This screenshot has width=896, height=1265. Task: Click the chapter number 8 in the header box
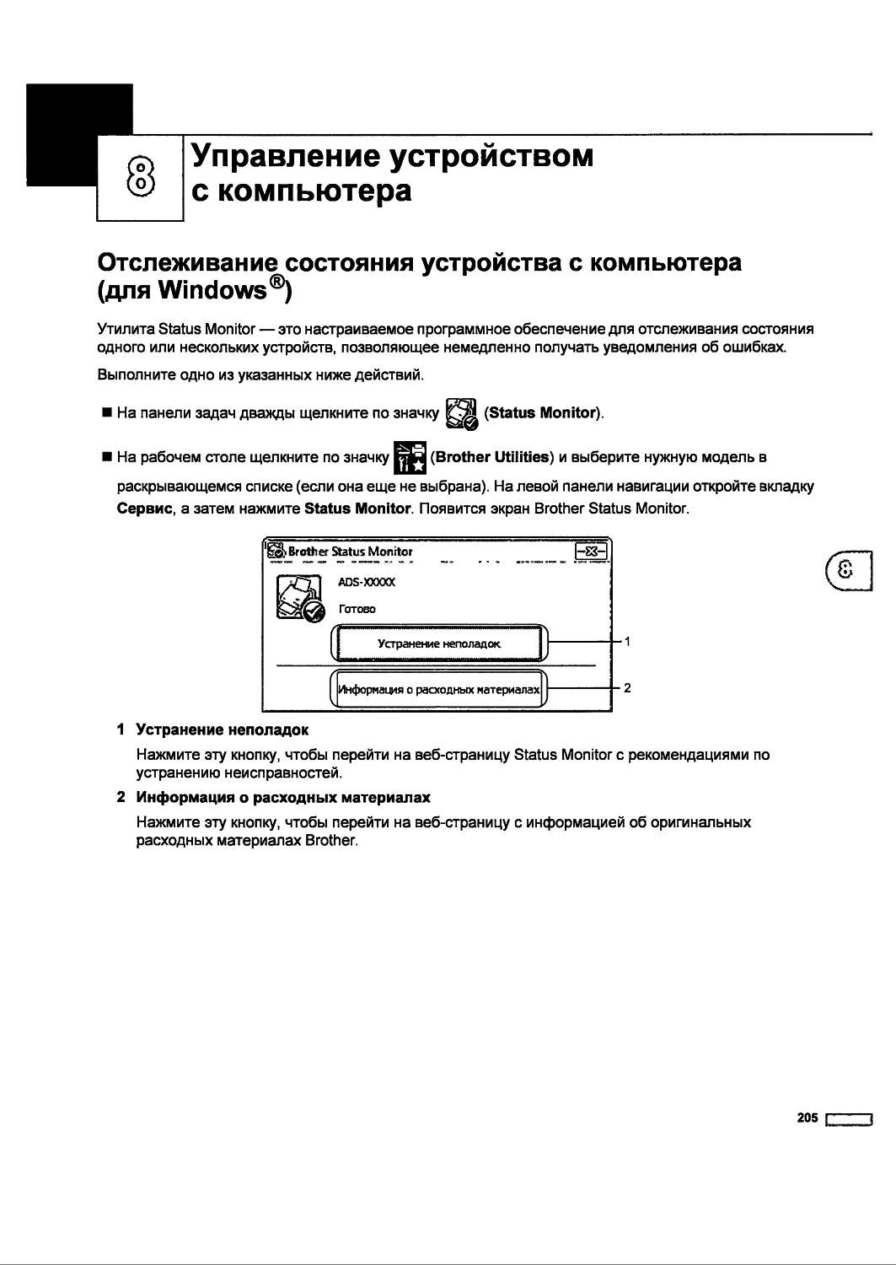(x=142, y=177)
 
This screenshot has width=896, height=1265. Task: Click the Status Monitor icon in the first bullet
(x=461, y=412)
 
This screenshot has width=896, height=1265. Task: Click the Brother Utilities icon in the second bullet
(x=410, y=457)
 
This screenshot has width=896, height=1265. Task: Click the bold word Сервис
(x=144, y=509)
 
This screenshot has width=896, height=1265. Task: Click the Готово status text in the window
(x=357, y=609)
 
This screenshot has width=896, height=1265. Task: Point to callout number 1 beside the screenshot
(x=627, y=642)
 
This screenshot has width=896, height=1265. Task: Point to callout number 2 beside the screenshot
(x=627, y=688)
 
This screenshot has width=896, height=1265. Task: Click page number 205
(x=807, y=1117)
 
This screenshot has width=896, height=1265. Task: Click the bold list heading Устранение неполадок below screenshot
(x=223, y=729)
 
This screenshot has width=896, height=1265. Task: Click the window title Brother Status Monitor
(x=350, y=552)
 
